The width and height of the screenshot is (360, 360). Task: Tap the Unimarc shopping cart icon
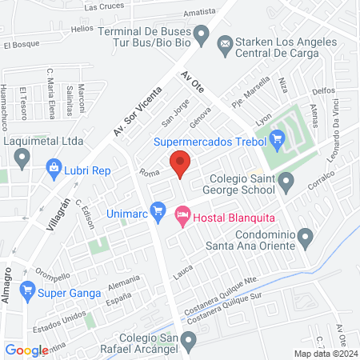158,212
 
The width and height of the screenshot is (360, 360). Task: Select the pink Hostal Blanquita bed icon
182,214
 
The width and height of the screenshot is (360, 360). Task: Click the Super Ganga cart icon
29,290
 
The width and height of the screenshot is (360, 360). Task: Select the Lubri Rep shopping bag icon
54,169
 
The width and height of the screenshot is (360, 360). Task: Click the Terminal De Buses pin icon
202,35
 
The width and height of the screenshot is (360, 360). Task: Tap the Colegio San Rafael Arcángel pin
188,342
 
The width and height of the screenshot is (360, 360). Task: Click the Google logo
26,350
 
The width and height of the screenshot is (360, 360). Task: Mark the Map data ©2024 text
324,353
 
